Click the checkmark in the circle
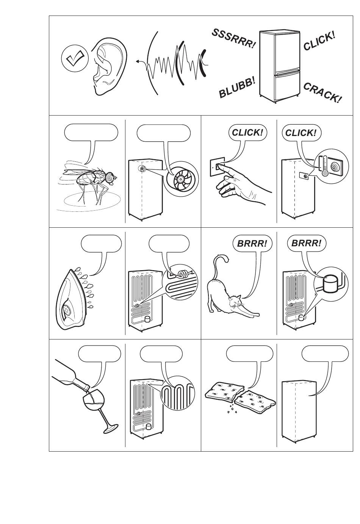(75, 58)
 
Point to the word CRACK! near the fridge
(322, 93)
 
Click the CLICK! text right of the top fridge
(319, 41)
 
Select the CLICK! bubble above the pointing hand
(247, 133)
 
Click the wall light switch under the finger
(218, 167)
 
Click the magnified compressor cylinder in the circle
(331, 283)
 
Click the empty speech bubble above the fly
(91, 132)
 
